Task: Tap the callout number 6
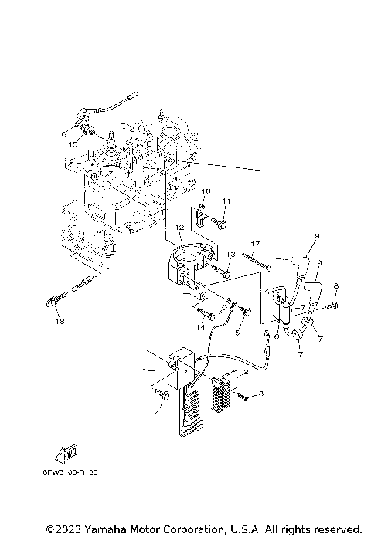point(276,336)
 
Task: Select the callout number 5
point(237,336)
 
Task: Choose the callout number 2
point(245,371)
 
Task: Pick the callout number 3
point(260,394)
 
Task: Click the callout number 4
point(157,414)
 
